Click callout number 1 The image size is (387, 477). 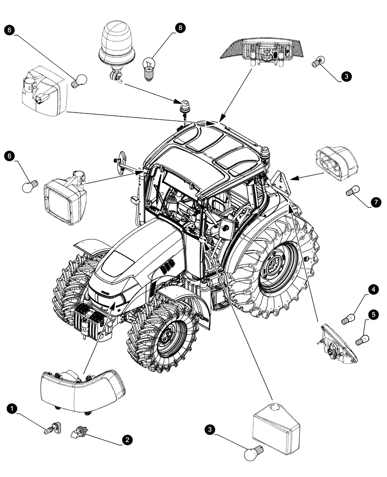[x=13, y=408]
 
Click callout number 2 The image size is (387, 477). [x=126, y=440]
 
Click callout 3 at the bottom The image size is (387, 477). [x=209, y=430]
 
